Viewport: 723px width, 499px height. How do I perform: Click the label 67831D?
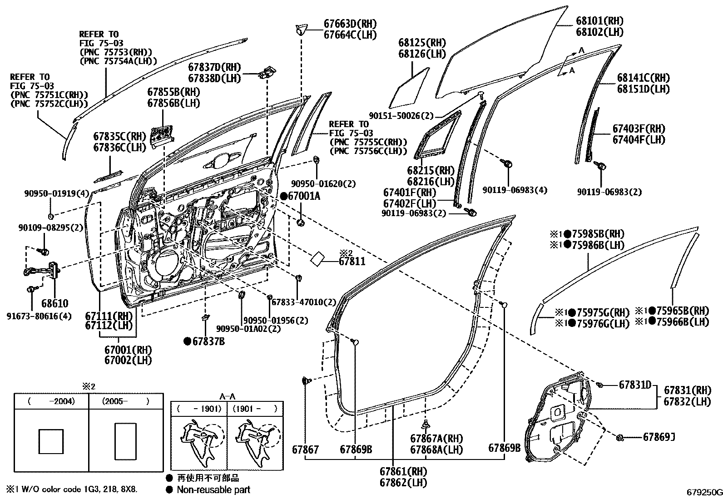(635, 385)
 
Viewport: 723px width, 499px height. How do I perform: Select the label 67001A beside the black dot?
(304, 196)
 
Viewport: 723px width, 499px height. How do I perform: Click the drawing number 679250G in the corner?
(704, 492)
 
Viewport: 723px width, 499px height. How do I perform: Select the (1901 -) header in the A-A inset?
(254, 409)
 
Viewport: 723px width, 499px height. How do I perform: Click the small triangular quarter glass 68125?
(408, 90)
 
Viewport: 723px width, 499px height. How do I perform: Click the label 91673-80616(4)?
(39, 316)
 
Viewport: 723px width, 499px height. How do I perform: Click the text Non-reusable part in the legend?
(213, 489)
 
